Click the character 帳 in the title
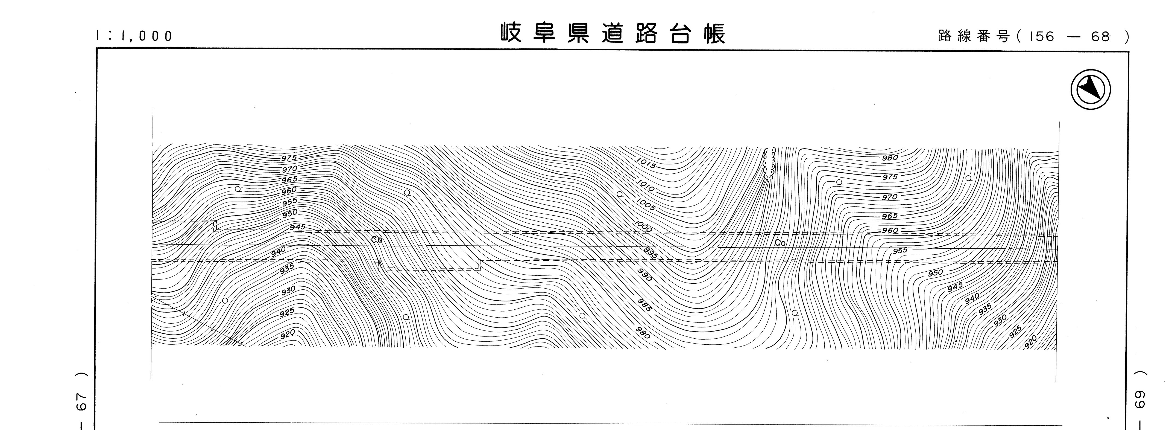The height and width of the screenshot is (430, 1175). (714, 33)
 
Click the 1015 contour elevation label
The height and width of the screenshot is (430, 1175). (646, 163)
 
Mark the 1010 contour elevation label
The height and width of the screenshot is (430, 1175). (645, 185)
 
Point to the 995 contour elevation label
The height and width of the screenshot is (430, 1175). (651, 253)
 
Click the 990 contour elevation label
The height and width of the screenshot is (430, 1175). (644, 275)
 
